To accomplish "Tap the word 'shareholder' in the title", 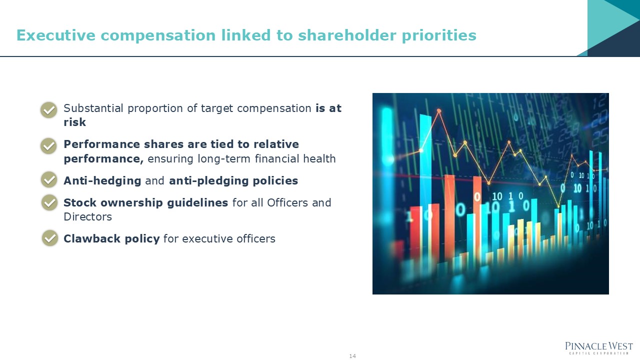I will click(346, 35).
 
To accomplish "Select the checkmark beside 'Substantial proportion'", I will click(48, 109).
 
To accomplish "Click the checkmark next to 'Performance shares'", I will click(48, 145).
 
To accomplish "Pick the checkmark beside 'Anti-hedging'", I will click(48, 179).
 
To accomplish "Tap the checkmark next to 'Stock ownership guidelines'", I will click(49, 202).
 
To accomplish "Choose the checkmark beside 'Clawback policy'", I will click(49, 238).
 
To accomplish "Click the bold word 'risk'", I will click(74, 122).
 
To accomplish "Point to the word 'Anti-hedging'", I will click(102, 181).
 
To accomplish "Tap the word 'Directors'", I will click(87, 217).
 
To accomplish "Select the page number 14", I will click(352, 356).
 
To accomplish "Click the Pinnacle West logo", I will click(598, 347).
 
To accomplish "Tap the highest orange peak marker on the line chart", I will click(439, 110).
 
